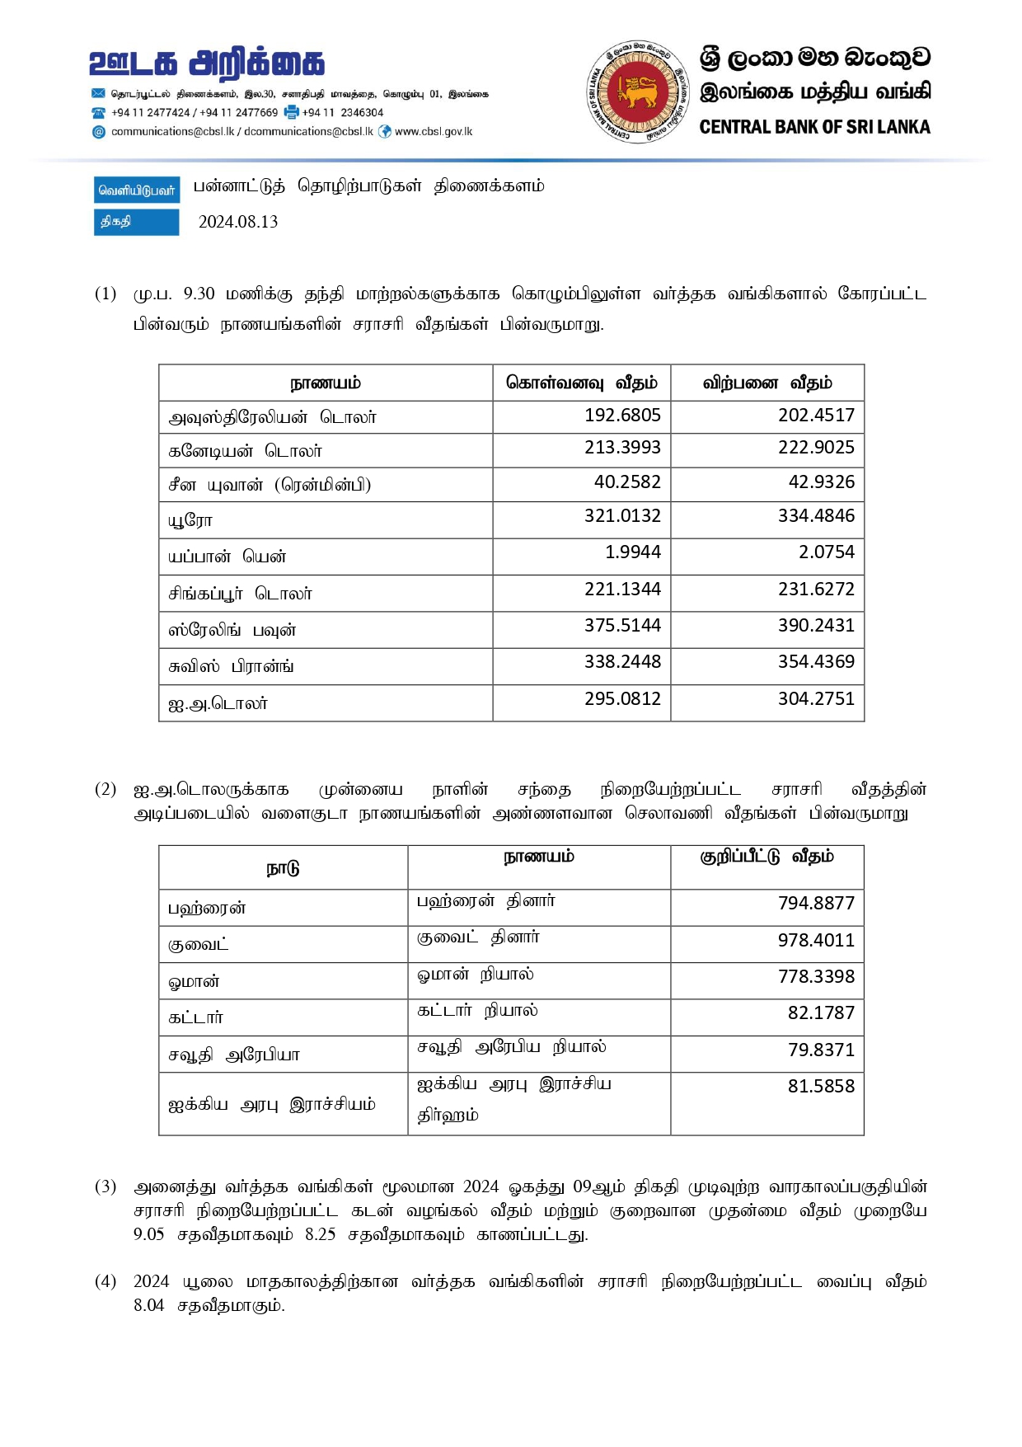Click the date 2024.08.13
pyautogui.click(x=238, y=222)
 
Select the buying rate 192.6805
pyautogui.click(x=622, y=415)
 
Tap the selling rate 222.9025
pyautogui.click(x=816, y=448)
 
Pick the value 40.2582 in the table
pyautogui.click(x=627, y=482)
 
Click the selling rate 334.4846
pyautogui.click(x=816, y=516)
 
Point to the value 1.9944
pyautogui.click(x=632, y=552)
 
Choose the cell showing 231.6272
pyautogui.click(x=816, y=589)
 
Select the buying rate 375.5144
pyautogui.click(x=622, y=625)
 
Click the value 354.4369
pyautogui.click(x=816, y=661)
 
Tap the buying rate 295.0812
pyautogui.click(x=622, y=698)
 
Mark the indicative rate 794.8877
pyautogui.click(x=816, y=903)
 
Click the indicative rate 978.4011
pyautogui.click(x=816, y=940)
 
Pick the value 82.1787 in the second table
pyautogui.click(x=821, y=1012)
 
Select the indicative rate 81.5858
pyautogui.click(x=821, y=1086)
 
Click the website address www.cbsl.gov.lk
pyautogui.click(x=434, y=132)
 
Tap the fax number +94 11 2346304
pyautogui.click(x=342, y=113)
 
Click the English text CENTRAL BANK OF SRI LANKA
pyautogui.click(x=814, y=127)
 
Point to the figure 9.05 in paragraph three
pyautogui.click(x=148, y=1234)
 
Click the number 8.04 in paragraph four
pyautogui.click(x=148, y=1305)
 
